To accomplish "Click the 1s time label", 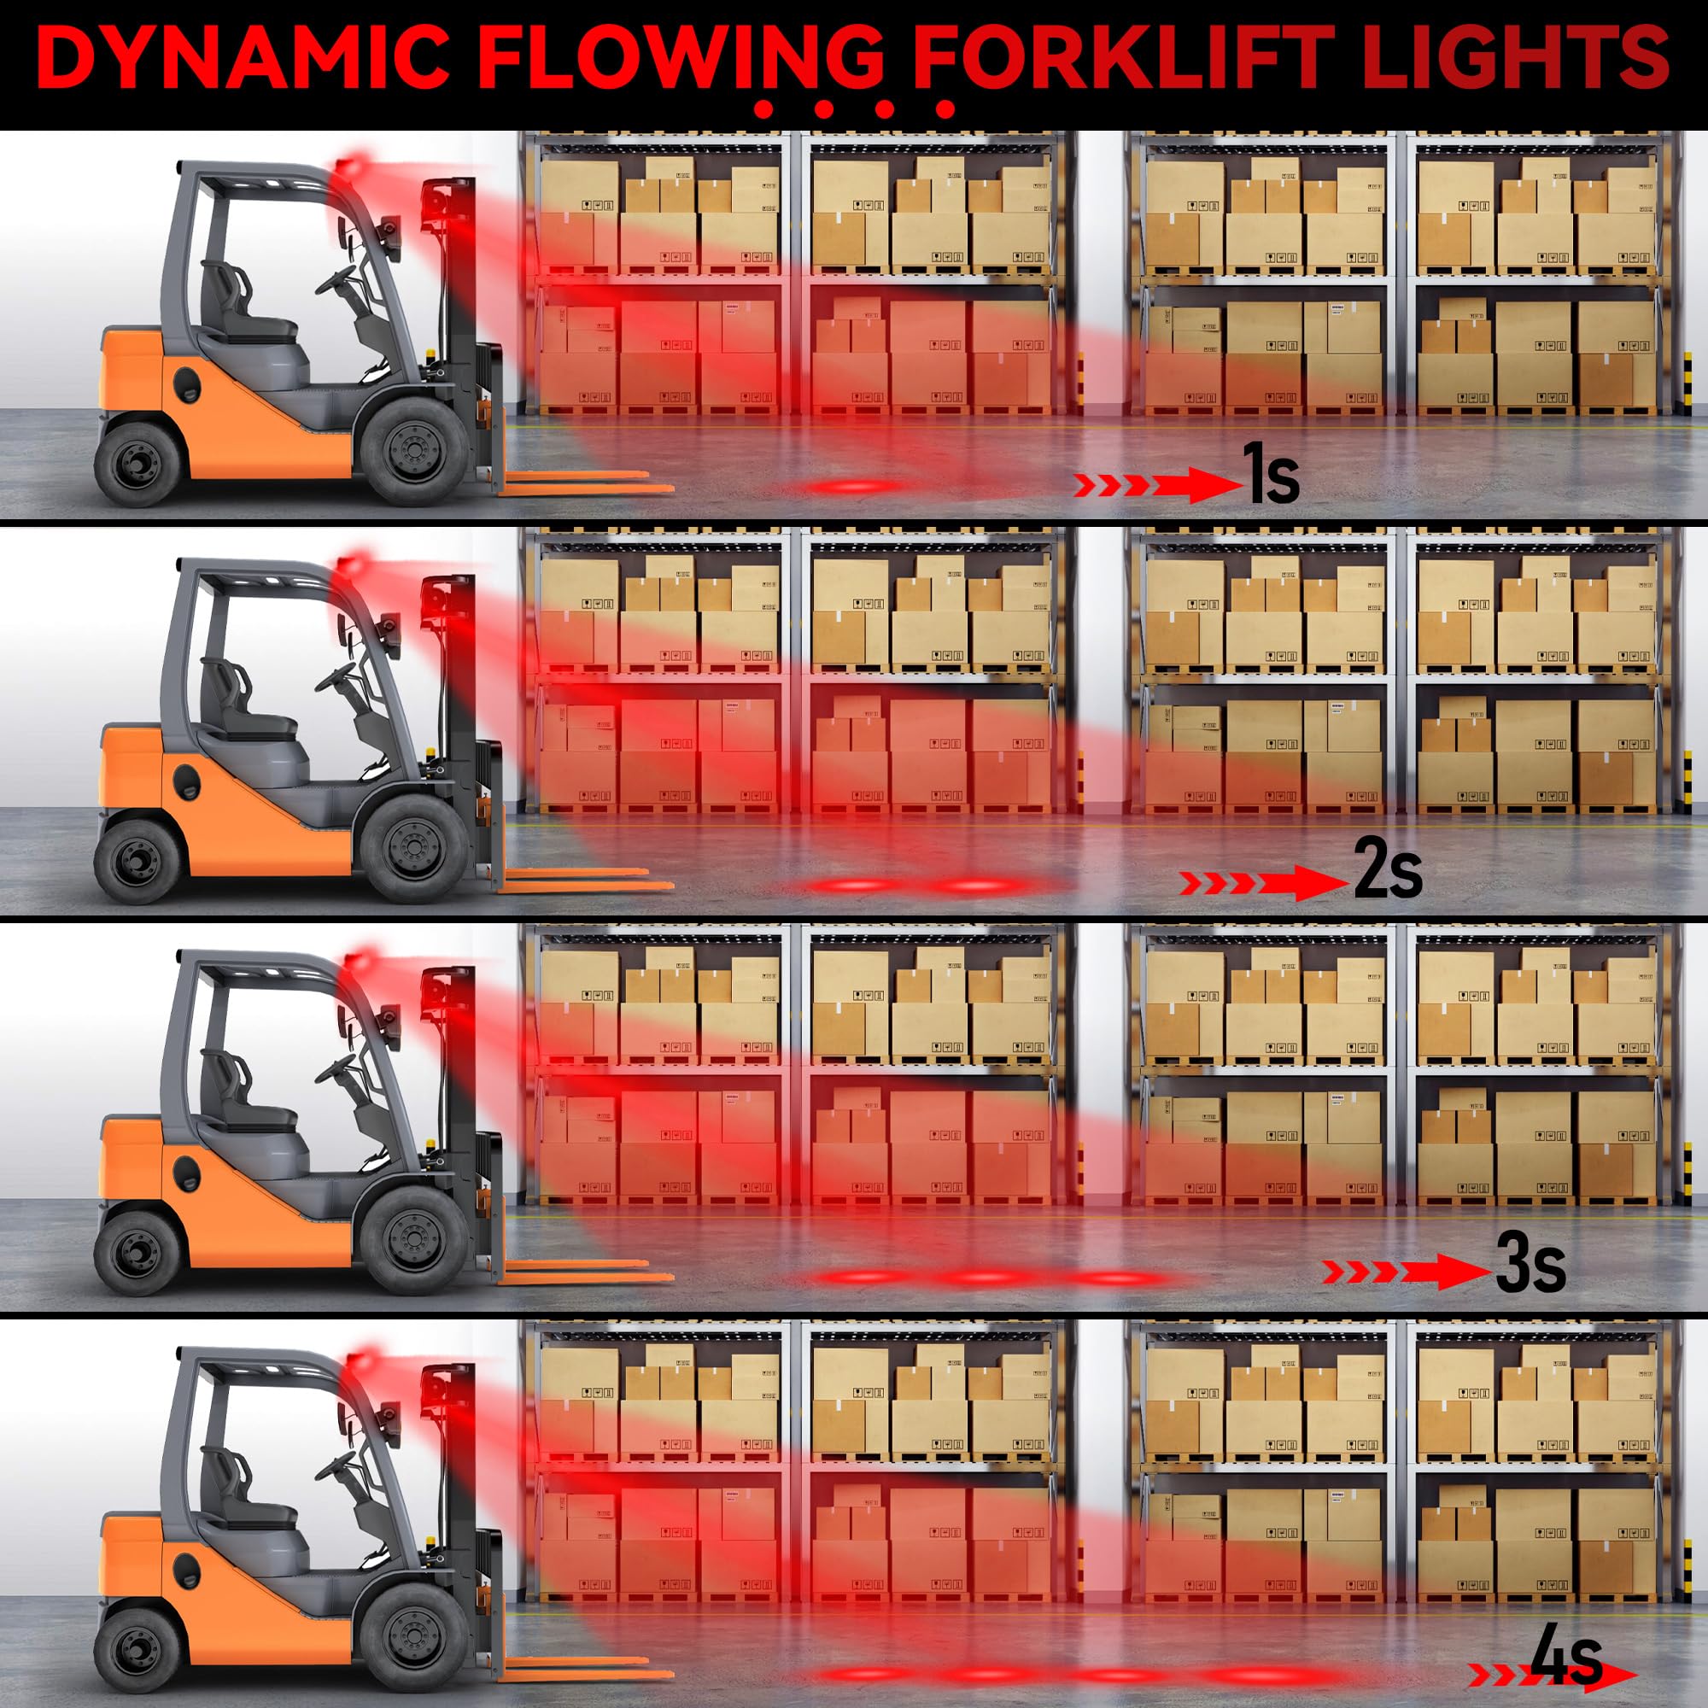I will click(x=1272, y=475).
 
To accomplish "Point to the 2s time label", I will click(x=1387, y=870).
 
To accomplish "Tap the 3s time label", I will click(x=1530, y=1265).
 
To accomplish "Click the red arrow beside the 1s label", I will click(x=1158, y=484).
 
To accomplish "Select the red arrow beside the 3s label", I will click(x=1406, y=1272).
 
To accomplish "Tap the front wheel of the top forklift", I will click(x=412, y=450).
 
